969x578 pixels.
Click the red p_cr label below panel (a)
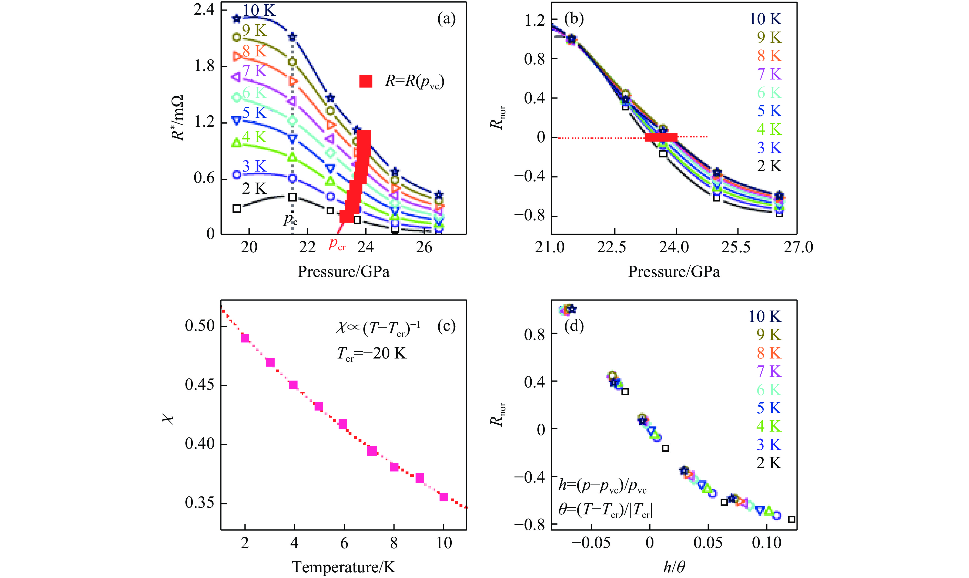(x=336, y=245)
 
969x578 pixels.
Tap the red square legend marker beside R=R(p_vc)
(x=366, y=81)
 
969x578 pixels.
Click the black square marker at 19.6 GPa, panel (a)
(x=237, y=208)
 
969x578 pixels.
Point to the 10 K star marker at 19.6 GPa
(x=237, y=18)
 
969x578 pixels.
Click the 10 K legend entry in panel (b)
(x=765, y=19)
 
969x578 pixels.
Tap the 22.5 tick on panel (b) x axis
(x=612, y=247)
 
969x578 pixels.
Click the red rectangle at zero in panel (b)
(x=661, y=137)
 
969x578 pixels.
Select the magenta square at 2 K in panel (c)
(x=245, y=338)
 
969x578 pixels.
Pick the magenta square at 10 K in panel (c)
(x=443, y=497)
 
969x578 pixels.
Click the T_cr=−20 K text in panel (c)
(x=371, y=354)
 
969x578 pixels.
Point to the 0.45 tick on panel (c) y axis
(x=200, y=385)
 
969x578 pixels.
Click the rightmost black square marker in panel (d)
(x=791, y=519)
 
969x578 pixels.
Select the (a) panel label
(x=446, y=19)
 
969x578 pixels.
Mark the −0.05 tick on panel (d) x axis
(x=591, y=543)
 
